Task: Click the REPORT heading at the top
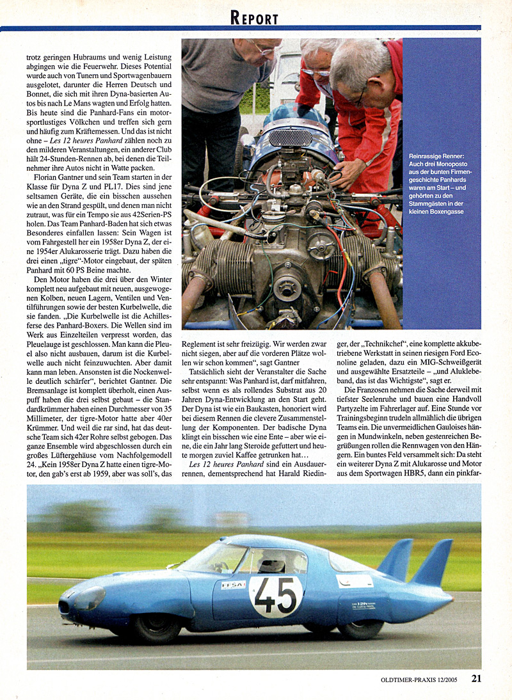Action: click(x=255, y=18)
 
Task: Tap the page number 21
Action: click(x=476, y=679)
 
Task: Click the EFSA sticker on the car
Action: click(x=233, y=585)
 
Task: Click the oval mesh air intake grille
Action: click(x=291, y=137)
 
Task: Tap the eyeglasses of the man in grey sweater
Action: click(x=264, y=49)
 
